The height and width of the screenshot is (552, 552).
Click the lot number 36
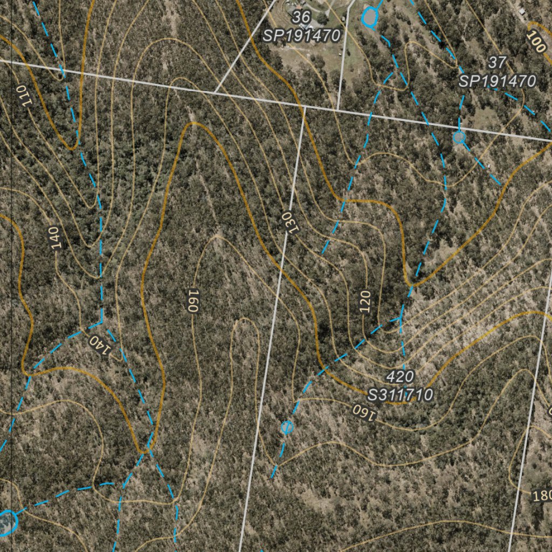(x=301, y=18)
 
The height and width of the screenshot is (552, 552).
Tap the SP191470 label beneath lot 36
(x=301, y=36)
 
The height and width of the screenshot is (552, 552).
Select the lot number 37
(x=496, y=63)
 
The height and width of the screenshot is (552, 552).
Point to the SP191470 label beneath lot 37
(x=497, y=81)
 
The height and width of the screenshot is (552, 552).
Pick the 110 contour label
(x=23, y=95)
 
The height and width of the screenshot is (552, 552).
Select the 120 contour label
(x=365, y=302)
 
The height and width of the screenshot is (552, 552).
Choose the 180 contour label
(x=542, y=496)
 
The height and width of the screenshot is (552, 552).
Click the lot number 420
(x=400, y=376)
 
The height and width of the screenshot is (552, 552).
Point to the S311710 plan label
(x=400, y=395)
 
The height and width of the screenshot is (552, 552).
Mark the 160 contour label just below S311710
(x=366, y=412)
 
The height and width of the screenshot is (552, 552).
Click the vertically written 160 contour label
(x=192, y=301)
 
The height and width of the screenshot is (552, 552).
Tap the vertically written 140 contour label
(x=54, y=238)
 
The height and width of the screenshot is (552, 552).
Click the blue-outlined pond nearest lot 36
(x=369, y=17)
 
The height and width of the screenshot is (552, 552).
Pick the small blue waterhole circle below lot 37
(x=459, y=138)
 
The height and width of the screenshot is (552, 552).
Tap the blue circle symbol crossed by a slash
(x=287, y=427)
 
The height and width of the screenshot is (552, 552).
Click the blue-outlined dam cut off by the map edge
(x=6, y=522)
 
